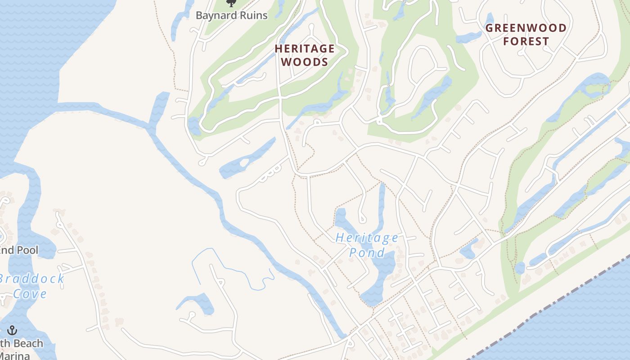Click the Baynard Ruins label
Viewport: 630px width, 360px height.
231,15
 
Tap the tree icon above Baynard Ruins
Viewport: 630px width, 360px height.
231,3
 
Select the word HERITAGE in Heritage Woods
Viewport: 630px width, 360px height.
305,49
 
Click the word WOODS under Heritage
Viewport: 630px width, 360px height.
305,62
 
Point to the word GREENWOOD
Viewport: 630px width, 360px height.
526,28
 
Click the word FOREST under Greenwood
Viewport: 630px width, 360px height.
526,41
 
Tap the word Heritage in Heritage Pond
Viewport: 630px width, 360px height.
367,238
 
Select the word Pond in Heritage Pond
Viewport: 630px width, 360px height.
367,252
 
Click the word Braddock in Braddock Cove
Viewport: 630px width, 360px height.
31,279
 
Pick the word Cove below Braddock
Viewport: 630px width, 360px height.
30,294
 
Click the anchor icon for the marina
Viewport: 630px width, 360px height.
12,330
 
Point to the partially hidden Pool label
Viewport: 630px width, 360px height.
19,250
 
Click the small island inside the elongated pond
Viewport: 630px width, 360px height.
244,162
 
